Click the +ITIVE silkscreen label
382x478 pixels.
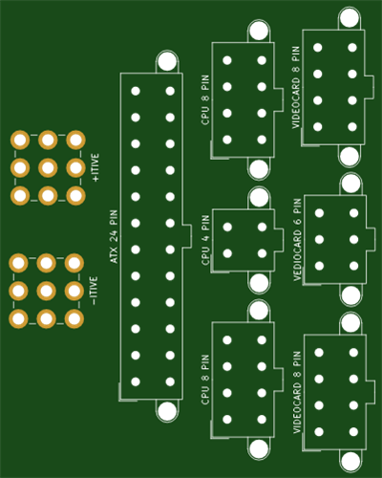coord(95,167)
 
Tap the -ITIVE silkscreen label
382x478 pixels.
coord(94,291)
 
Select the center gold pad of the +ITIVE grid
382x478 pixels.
coord(48,167)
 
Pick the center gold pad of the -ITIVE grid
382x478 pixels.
coord(47,291)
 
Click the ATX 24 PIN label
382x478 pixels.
coord(114,236)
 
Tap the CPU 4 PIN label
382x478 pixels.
coord(205,240)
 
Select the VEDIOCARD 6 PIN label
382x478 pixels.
coord(297,240)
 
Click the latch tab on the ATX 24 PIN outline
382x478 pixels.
coord(187,236)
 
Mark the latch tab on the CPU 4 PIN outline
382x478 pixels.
coord(279,240)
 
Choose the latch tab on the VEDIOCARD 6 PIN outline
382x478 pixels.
coord(371,239)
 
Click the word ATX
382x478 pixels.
coord(114,255)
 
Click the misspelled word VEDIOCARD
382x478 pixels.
coord(297,255)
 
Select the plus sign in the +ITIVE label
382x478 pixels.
coord(95,179)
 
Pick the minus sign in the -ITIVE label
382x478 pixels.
coord(94,301)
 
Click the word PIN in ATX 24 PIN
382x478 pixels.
coord(114,218)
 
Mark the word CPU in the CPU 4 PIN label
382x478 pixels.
coord(205,255)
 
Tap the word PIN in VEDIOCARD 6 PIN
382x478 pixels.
coord(297,206)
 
